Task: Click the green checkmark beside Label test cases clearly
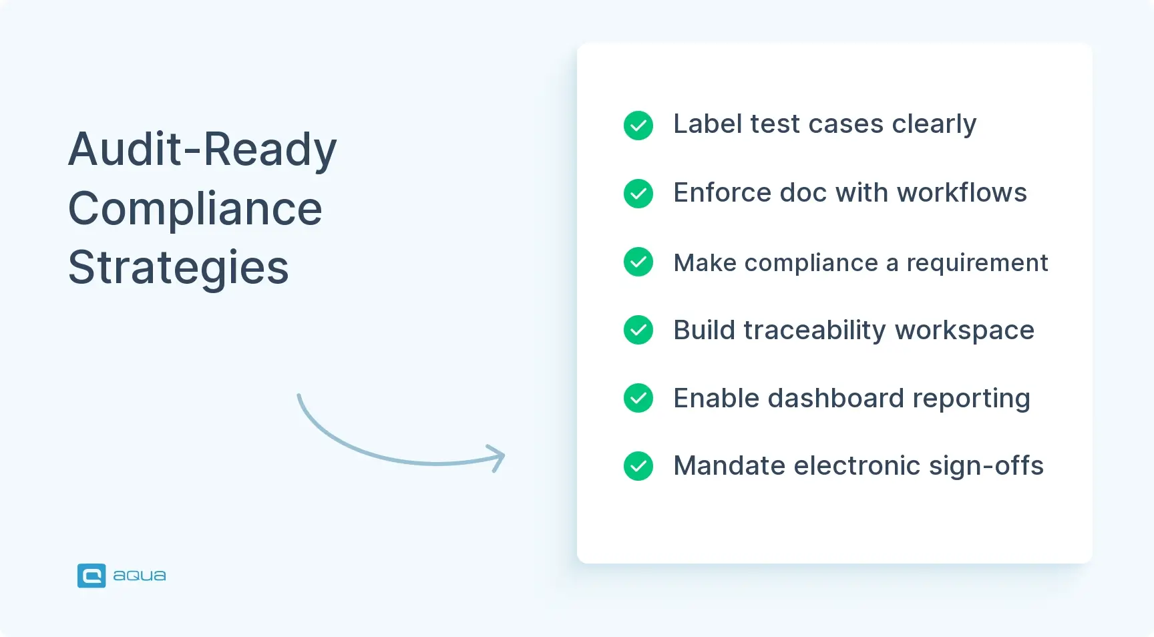[638, 125]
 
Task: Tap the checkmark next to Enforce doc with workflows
[638, 194]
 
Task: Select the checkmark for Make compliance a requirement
[638, 262]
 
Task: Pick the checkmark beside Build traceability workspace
[638, 330]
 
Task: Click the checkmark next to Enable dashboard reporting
[638, 398]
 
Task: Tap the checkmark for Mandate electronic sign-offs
[638, 466]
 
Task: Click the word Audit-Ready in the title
[202, 150]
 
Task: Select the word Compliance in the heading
[195, 209]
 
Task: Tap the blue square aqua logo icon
[91, 576]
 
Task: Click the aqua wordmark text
[139, 576]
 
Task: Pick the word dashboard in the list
[835, 399]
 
